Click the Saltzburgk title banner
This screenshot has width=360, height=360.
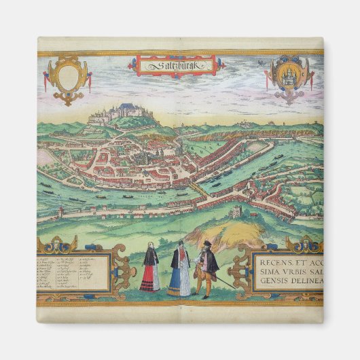pos(175,66)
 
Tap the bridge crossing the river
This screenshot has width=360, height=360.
pos(196,187)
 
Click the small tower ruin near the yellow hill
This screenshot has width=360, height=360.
pos(236,212)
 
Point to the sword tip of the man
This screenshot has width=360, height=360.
pos(236,287)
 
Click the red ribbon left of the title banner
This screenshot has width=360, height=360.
pos(131,66)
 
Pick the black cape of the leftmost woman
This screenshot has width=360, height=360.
pos(150,257)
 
